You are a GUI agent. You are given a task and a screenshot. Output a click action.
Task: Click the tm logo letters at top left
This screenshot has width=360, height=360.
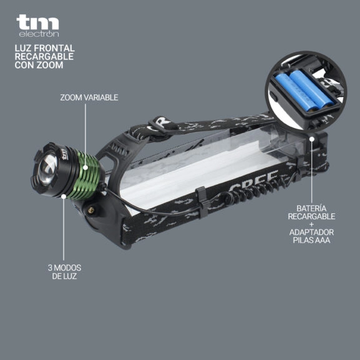(x=38, y=22)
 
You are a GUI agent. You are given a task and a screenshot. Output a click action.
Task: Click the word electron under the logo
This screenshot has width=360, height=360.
(x=39, y=34)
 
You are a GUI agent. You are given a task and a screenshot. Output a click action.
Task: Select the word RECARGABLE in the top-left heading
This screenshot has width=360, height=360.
(x=44, y=56)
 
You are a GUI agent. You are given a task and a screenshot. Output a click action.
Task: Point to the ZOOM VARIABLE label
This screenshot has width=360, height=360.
(x=89, y=97)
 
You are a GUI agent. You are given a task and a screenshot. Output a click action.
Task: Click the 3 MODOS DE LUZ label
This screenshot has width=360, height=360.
(x=65, y=271)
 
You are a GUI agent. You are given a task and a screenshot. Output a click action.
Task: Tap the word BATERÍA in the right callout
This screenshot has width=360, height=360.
(x=311, y=208)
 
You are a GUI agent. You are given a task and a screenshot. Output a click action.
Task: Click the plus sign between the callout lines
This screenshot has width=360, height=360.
(x=311, y=224)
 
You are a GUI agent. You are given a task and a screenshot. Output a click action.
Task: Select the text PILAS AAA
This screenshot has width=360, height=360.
(x=312, y=240)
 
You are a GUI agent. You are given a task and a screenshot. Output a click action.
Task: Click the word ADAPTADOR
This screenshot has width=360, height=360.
(x=311, y=232)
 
